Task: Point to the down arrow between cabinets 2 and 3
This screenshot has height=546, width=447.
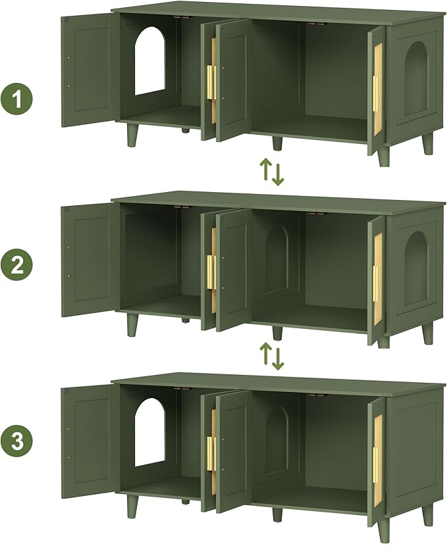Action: (278, 357)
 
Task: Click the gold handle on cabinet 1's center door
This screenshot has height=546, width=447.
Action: (211, 82)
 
